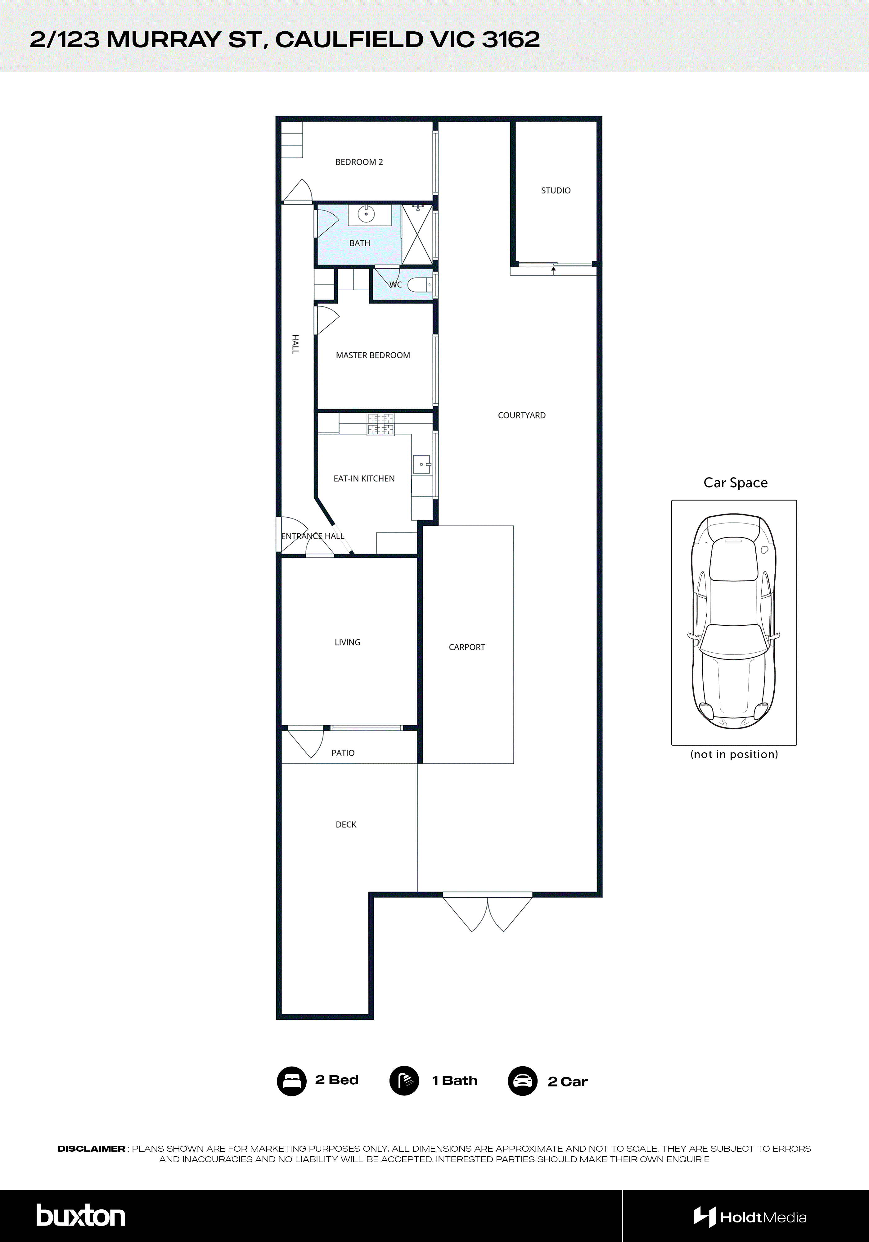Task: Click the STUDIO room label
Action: click(x=555, y=190)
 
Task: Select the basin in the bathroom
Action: click(x=366, y=214)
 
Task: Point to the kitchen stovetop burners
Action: click(x=381, y=425)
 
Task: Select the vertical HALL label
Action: click(x=295, y=344)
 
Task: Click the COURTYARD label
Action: click(x=521, y=415)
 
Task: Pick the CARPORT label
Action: click(x=467, y=647)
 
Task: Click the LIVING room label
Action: click(x=347, y=642)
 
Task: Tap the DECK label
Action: click(x=346, y=824)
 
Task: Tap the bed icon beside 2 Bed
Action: click(x=291, y=1081)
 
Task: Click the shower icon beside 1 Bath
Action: click(x=404, y=1081)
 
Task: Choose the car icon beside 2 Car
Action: click(x=522, y=1081)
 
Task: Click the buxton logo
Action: click(x=81, y=1216)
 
